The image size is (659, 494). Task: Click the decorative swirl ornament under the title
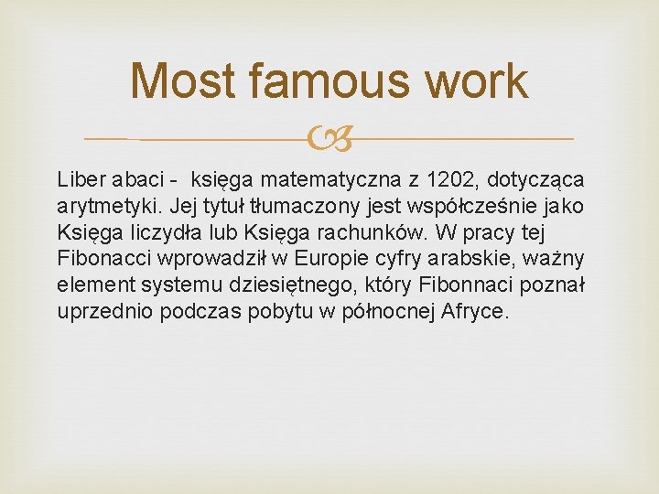(x=329, y=139)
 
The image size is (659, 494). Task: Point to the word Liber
(x=81, y=175)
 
